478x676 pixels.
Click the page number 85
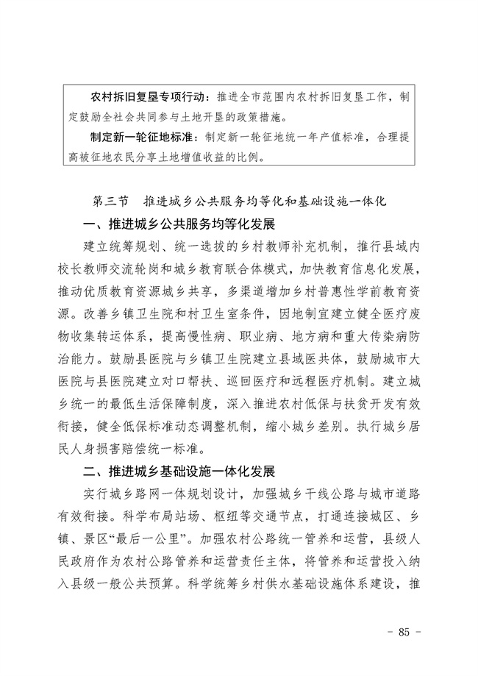click(403, 632)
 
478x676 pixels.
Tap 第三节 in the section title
click(110, 200)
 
